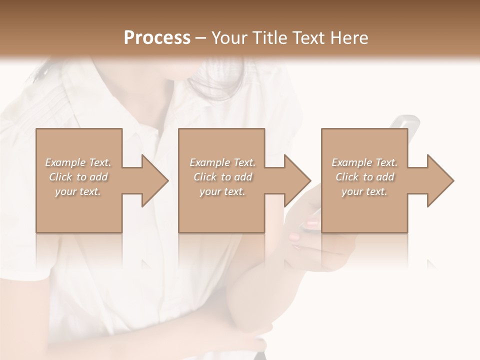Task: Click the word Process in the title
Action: [157, 38]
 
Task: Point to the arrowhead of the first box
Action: [155, 180]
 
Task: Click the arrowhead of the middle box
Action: [297, 180]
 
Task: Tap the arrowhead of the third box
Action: [440, 180]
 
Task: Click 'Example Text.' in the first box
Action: [78, 162]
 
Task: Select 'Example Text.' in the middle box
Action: [222, 162]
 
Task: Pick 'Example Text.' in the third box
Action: [364, 162]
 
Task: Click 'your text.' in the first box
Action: [78, 191]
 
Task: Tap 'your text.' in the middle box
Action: [222, 191]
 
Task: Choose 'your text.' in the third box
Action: [364, 191]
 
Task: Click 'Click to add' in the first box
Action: [78, 177]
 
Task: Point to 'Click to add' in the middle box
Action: [222, 177]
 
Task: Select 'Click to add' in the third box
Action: [364, 177]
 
